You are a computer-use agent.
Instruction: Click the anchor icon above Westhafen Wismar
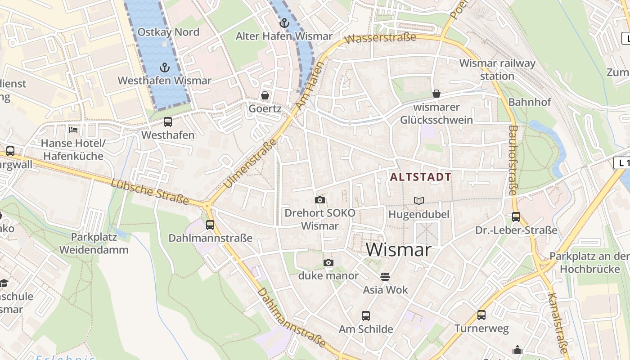pyautogui.click(x=165, y=68)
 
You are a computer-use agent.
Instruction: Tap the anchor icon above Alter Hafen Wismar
pyautogui.click(x=284, y=22)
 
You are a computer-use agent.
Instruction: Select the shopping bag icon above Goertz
pyautogui.click(x=265, y=95)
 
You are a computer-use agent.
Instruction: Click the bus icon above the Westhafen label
pyautogui.click(x=168, y=121)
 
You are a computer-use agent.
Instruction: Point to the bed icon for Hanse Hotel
pyautogui.click(x=73, y=130)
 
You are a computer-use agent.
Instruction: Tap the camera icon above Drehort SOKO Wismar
pyautogui.click(x=320, y=200)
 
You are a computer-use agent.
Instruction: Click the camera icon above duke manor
pyautogui.click(x=328, y=262)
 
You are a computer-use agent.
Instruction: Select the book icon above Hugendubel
pyautogui.click(x=419, y=201)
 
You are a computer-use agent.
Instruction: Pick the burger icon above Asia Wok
pyautogui.click(x=385, y=276)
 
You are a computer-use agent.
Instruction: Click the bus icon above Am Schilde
pyautogui.click(x=366, y=315)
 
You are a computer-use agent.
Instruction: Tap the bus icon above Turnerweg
pyautogui.click(x=481, y=315)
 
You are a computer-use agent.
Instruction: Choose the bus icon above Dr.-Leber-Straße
pyautogui.click(x=516, y=217)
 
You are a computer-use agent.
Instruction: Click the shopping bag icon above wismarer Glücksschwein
pyautogui.click(x=436, y=94)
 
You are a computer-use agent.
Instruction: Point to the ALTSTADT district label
pyautogui.click(x=420, y=177)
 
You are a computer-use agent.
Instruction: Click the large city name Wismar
pyautogui.click(x=398, y=250)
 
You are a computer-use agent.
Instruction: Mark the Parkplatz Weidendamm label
pyautogui.click(x=94, y=243)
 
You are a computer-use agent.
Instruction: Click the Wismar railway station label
pyautogui.click(x=497, y=69)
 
